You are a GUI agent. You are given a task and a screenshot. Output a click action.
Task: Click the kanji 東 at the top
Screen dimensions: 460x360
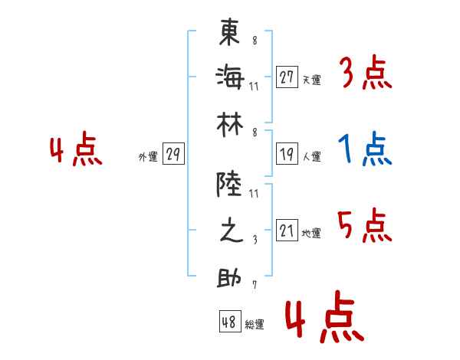[229, 32]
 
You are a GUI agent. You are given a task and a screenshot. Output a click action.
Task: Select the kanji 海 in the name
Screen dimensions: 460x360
[230, 77]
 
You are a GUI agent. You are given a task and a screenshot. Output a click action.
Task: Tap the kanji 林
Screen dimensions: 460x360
[230, 125]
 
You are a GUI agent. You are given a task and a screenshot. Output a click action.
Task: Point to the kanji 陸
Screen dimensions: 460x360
[229, 184]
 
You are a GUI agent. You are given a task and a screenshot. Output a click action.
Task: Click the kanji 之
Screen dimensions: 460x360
[232, 230]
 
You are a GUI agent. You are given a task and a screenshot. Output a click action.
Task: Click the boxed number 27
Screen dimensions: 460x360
[287, 77]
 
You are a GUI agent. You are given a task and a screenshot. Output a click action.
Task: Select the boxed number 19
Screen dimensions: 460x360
[287, 154]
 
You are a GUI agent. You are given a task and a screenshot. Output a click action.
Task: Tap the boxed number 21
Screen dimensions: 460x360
[287, 230]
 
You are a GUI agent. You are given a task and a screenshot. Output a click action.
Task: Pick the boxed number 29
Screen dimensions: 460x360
[173, 154]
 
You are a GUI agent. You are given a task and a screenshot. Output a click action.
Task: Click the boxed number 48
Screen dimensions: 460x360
[230, 322]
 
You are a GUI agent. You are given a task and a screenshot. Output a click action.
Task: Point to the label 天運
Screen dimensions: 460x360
[312, 80]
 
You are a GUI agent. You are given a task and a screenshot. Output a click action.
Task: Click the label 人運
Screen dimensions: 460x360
[312, 156]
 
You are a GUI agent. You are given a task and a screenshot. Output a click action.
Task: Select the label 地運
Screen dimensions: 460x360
[311, 233]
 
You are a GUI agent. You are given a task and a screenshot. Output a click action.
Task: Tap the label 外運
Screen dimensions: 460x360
[148, 156]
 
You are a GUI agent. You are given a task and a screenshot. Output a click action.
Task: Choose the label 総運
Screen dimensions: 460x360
[255, 324]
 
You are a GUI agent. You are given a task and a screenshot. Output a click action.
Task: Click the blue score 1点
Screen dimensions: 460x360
[365, 149]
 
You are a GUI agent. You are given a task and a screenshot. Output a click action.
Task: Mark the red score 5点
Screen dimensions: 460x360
[365, 225]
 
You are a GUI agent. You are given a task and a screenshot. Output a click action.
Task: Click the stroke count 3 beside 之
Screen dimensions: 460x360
[255, 240]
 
